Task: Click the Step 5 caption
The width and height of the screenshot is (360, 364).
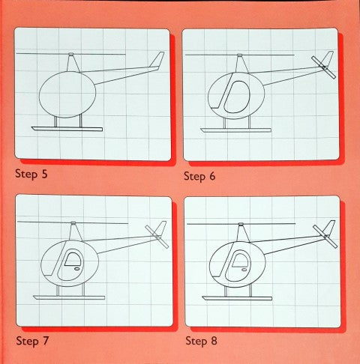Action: [x=31, y=174]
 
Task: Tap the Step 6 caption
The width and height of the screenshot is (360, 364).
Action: [x=199, y=176]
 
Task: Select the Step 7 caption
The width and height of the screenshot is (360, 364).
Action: [x=32, y=341]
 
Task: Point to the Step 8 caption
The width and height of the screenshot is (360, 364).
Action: [x=201, y=341]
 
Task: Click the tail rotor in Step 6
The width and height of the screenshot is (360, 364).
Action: [x=323, y=67]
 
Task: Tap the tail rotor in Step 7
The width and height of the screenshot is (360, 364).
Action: [x=157, y=237]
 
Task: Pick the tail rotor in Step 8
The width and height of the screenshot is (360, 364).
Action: [x=325, y=236]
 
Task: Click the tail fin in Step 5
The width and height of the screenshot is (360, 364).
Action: [x=157, y=59]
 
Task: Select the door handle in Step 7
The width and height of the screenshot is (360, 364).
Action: [x=76, y=269]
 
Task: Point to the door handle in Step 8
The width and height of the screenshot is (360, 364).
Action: [x=244, y=270]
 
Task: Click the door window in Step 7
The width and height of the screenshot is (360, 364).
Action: [x=73, y=259]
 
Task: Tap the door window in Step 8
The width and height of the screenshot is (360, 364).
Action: [x=240, y=260]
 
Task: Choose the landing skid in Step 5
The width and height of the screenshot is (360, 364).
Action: [x=67, y=129]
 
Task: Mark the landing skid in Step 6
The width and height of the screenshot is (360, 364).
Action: [x=236, y=130]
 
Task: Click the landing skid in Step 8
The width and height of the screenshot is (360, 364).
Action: [x=237, y=298]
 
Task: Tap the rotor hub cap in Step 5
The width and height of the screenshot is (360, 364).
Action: [x=71, y=54]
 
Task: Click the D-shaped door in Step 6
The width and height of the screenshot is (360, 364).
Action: [x=237, y=97]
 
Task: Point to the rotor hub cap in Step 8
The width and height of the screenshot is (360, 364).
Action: [x=241, y=224]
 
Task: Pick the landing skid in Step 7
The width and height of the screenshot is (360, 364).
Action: [x=69, y=297]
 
